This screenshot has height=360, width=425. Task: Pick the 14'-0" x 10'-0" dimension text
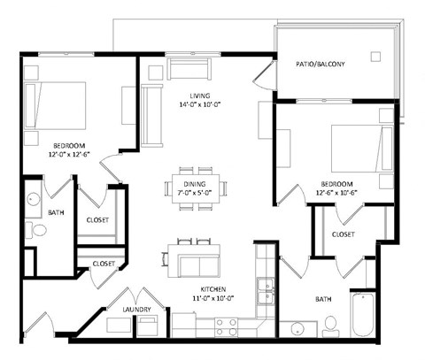click(199, 103)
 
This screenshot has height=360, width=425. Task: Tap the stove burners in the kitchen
click(225, 325)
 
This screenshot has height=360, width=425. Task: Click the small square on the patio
click(375, 56)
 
